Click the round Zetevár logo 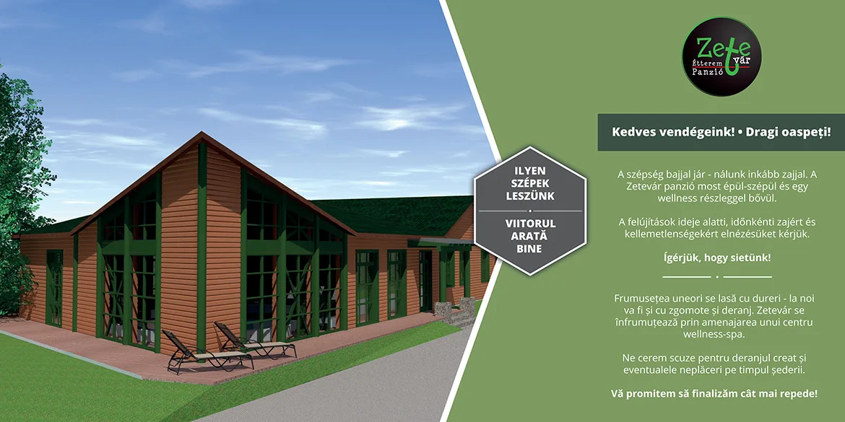coord(721,56)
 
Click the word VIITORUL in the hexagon coord(530,223)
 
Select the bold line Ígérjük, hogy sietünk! coord(716,258)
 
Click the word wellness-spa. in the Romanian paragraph coord(716,334)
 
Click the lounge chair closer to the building coord(254,340)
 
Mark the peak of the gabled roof coord(201,133)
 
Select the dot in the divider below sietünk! coord(716,277)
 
